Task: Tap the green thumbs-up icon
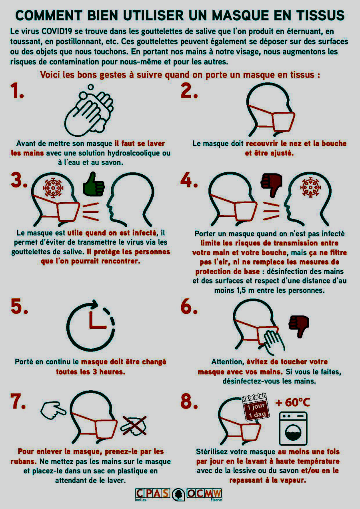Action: coord(94,184)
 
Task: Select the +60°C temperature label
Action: coord(292,402)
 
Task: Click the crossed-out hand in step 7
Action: coord(134,425)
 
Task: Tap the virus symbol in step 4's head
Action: coord(310,188)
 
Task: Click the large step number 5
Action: coord(19,306)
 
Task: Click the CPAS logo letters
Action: coord(152,493)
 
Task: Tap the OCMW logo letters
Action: coord(204,493)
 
